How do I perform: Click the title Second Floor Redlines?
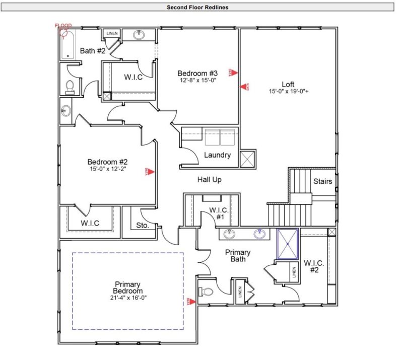point(197,7)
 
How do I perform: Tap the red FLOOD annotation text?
point(63,26)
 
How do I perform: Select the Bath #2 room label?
point(93,51)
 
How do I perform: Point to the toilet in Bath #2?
point(70,87)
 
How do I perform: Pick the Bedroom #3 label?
point(197,72)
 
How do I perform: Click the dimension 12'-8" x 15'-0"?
point(197,80)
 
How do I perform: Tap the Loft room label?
point(288,84)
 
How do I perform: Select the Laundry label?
point(217,155)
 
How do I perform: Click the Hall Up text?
point(209,179)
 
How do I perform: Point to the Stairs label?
point(322,181)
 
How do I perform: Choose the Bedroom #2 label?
point(107,162)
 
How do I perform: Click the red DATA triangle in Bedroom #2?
point(150,171)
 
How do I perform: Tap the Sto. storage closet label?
point(143,226)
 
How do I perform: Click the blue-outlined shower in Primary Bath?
point(288,243)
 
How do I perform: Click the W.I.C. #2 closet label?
point(314,266)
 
